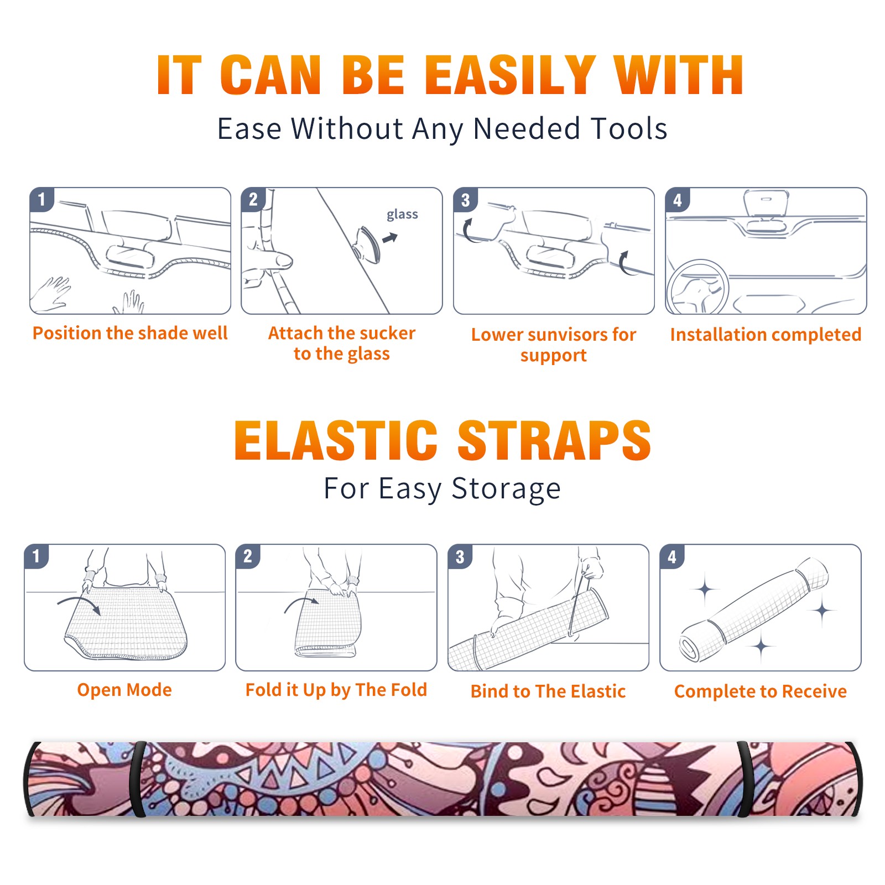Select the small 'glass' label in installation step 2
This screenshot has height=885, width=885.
click(x=402, y=215)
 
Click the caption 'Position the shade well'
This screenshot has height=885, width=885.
click(x=130, y=333)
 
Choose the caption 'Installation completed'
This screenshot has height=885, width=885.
click(x=766, y=335)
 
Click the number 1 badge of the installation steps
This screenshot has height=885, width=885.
click(x=42, y=199)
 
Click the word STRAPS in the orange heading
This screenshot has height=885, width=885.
click(x=554, y=440)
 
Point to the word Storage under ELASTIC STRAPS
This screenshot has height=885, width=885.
click(x=506, y=489)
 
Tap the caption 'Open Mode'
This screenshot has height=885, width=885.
click(x=124, y=690)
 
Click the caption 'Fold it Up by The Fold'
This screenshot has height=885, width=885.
click(x=336, y=690)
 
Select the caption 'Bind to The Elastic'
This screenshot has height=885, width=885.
click(x=548, y=691)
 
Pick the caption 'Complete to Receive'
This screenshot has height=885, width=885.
click(x=761, y=691)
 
